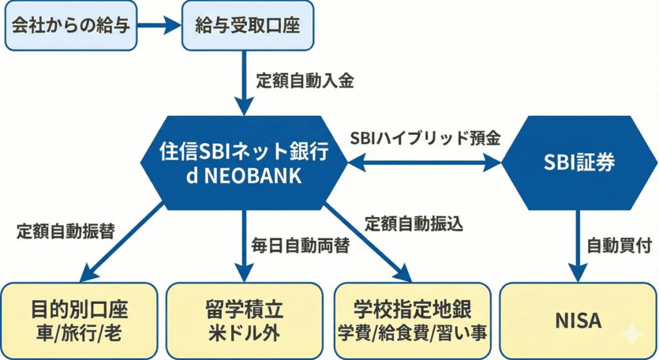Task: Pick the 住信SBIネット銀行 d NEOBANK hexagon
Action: click(244, 163)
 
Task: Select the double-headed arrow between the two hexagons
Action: click(425, 163)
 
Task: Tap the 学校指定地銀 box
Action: click(413, 320)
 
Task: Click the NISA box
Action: click(578, 320)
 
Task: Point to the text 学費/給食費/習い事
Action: click(413, 334)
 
